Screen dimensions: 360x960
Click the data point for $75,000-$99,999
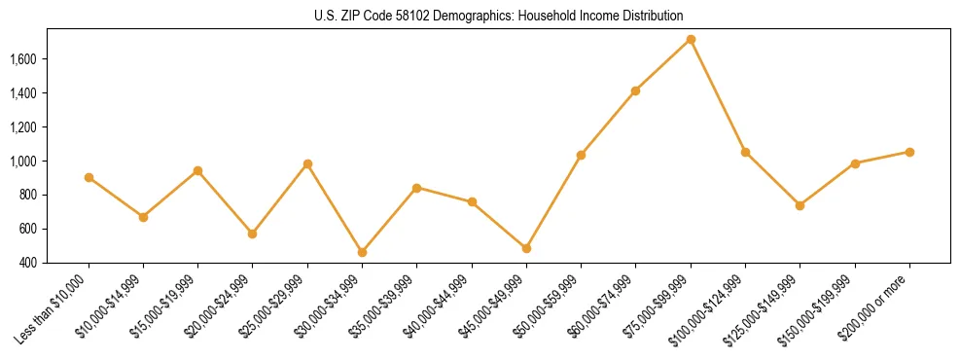(691, 40)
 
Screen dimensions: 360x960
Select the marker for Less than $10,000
(89, 177)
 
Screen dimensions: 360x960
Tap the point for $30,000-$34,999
(362, 252)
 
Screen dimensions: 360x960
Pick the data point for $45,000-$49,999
(526, 248)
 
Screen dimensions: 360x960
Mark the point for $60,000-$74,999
(635, 90)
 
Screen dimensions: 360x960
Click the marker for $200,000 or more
(909, 152)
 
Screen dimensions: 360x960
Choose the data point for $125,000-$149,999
(800, 205)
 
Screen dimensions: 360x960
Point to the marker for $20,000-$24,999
(253, 234)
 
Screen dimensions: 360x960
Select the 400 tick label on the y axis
(55, 263)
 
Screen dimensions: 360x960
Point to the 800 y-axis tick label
(55, 196)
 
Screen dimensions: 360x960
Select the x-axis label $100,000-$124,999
(713, 308)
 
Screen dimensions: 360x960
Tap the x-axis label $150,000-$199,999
(823, 308)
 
